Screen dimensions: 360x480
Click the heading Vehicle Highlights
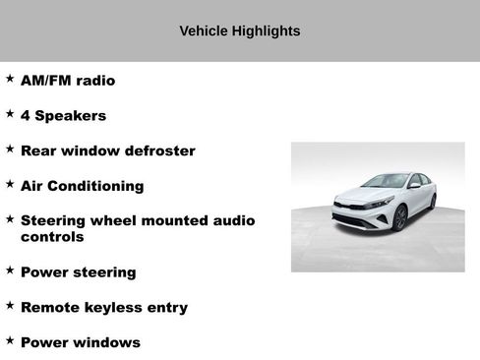240,31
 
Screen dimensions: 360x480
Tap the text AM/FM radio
68,81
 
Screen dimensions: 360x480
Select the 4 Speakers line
63,116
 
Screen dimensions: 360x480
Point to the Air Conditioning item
82,186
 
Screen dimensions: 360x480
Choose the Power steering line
78,272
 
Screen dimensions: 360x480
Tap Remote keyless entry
103,308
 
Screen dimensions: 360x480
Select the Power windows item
80,343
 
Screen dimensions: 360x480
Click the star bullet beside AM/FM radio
10,78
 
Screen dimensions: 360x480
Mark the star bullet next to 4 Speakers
10,113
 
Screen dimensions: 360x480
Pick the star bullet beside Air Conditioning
10,183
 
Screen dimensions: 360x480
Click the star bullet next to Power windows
10,340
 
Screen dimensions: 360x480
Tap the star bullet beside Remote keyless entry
10,305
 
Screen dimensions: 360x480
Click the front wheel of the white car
399,217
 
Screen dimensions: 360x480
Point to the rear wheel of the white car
433,201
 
